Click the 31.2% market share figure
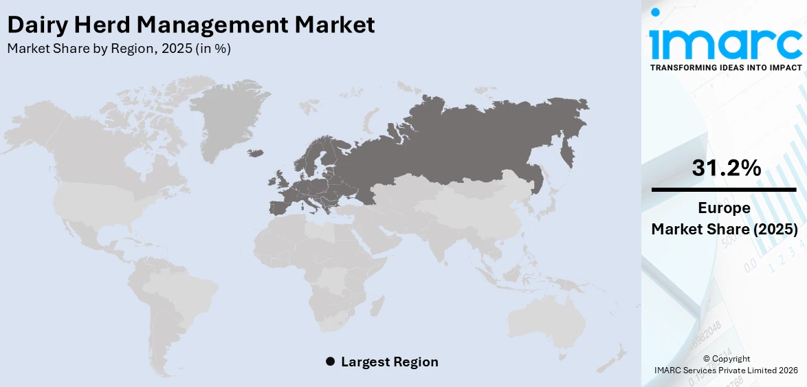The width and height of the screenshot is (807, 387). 726,168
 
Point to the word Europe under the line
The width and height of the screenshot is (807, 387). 725,208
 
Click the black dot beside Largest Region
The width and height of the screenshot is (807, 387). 330,362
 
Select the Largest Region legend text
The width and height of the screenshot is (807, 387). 389,362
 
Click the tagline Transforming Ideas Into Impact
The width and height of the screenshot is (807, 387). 725,67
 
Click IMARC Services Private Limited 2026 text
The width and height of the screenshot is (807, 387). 726,371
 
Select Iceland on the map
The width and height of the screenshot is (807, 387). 255,153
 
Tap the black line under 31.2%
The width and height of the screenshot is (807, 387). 725,189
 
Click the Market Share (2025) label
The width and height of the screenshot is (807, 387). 725,229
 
